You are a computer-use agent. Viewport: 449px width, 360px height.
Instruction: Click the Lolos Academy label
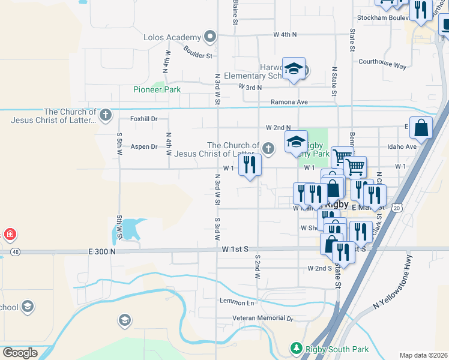[171, 37]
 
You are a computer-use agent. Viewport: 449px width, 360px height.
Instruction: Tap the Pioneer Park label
[157, 89]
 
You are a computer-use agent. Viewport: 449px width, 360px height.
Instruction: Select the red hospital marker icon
[10, 234]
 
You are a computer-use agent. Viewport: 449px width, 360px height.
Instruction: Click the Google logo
[20, 353]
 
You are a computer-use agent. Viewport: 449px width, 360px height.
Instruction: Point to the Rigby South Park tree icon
[295, 348]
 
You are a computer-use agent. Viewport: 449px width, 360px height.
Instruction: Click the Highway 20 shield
[397, 207]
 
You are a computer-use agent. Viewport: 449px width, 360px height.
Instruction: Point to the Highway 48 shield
[15, 251]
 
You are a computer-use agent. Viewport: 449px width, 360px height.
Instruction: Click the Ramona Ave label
[289, 102]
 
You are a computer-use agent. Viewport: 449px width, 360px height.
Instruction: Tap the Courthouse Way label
[382, 62]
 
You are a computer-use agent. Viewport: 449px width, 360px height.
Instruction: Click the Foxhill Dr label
[144, 119]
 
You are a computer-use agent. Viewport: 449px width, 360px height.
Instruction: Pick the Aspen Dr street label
[143, 146]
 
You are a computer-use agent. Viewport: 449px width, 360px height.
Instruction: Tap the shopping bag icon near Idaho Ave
[421, 128]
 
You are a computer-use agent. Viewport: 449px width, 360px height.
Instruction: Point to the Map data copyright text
[423, 355]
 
